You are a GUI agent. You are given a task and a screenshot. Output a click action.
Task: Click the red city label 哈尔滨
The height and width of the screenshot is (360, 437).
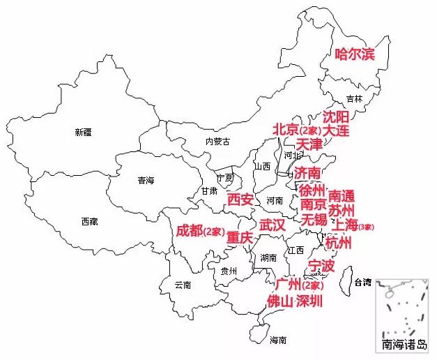(355, 54)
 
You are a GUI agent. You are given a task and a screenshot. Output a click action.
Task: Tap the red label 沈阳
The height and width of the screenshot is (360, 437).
(336, 116)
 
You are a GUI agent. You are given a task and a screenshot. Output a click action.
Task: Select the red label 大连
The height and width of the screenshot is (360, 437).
(336, 130)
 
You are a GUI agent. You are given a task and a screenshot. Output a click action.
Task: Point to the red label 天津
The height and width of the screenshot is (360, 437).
(309, 144)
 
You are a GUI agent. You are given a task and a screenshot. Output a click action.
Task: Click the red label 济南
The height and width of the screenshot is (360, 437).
(307, 172)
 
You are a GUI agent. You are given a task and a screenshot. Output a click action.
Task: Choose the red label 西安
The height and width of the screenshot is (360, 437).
(240, 200)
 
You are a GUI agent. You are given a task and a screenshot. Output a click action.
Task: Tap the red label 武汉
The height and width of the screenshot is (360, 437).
(273, 225)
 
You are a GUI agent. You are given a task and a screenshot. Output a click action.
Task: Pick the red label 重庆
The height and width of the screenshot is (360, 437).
(239, 238)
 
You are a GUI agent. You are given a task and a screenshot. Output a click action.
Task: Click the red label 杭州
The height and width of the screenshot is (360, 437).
(339, 243)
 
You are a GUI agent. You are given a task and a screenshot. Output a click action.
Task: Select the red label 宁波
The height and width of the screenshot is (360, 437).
(321, 266)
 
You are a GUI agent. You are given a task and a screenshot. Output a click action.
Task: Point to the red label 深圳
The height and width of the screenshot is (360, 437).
(309, 301)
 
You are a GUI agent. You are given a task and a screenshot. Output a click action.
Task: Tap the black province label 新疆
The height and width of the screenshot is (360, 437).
(83, 132)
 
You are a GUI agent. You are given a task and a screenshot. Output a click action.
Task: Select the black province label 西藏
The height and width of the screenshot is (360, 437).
(89, 222)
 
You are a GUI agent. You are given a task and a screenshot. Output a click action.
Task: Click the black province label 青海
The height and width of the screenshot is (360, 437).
(146, 181)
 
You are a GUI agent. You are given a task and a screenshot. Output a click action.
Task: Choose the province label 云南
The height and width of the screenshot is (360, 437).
(183, 285)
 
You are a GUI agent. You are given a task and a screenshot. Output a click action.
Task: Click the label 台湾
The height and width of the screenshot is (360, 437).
(363, 283)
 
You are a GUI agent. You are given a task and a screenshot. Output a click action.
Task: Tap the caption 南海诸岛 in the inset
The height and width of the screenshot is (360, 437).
(406, 345)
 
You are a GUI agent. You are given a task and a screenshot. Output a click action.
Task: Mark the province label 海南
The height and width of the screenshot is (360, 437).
(277, 340)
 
